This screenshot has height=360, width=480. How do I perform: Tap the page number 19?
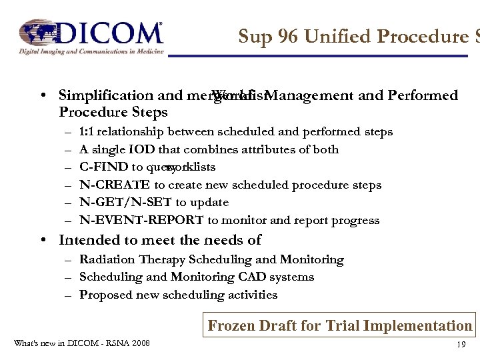pyautogui.click(x=461, y=345)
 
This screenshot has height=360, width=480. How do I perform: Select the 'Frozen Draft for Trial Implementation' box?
pyautogui.click(x=339, y=325)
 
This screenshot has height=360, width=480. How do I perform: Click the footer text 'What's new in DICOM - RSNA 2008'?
pyautogui.click(x=81, y=343)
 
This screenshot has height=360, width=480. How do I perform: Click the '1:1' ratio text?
pyautogui.click(x=87, y=132)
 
